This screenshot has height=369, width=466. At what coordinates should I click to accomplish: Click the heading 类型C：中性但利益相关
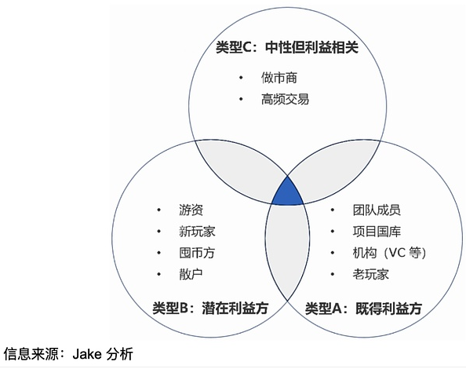tap(287, 47)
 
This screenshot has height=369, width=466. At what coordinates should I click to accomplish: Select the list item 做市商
tap(279, 78)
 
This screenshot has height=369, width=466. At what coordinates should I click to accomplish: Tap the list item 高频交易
tap(285, 99)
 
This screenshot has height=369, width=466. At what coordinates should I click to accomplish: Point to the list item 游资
tap(191, 210)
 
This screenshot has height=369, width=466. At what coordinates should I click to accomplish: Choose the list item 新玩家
tap(197, 232)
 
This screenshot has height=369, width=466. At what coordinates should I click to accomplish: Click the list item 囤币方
tap(197, 253)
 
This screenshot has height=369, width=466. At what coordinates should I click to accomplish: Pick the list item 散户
tap(191, 274)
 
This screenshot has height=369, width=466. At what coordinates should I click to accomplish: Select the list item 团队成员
tap(377, 210)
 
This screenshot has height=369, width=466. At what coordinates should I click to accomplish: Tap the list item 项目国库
tap(377, 232)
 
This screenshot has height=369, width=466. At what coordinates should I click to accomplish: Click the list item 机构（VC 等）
tap(390, 253)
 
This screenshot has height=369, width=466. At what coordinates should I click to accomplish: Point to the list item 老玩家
tap(370, 274)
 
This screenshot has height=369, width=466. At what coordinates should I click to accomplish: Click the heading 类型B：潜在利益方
tap(210, 308)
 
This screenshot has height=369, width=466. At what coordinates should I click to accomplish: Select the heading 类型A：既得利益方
tap(363, 309)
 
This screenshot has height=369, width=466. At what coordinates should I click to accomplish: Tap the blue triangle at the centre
tap(287, 193)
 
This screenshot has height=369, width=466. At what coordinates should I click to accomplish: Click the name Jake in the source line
tap(87, 354)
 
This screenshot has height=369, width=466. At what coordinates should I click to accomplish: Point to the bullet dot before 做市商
tap(241, 78)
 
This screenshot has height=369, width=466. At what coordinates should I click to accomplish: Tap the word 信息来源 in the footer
tap(31, 354)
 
